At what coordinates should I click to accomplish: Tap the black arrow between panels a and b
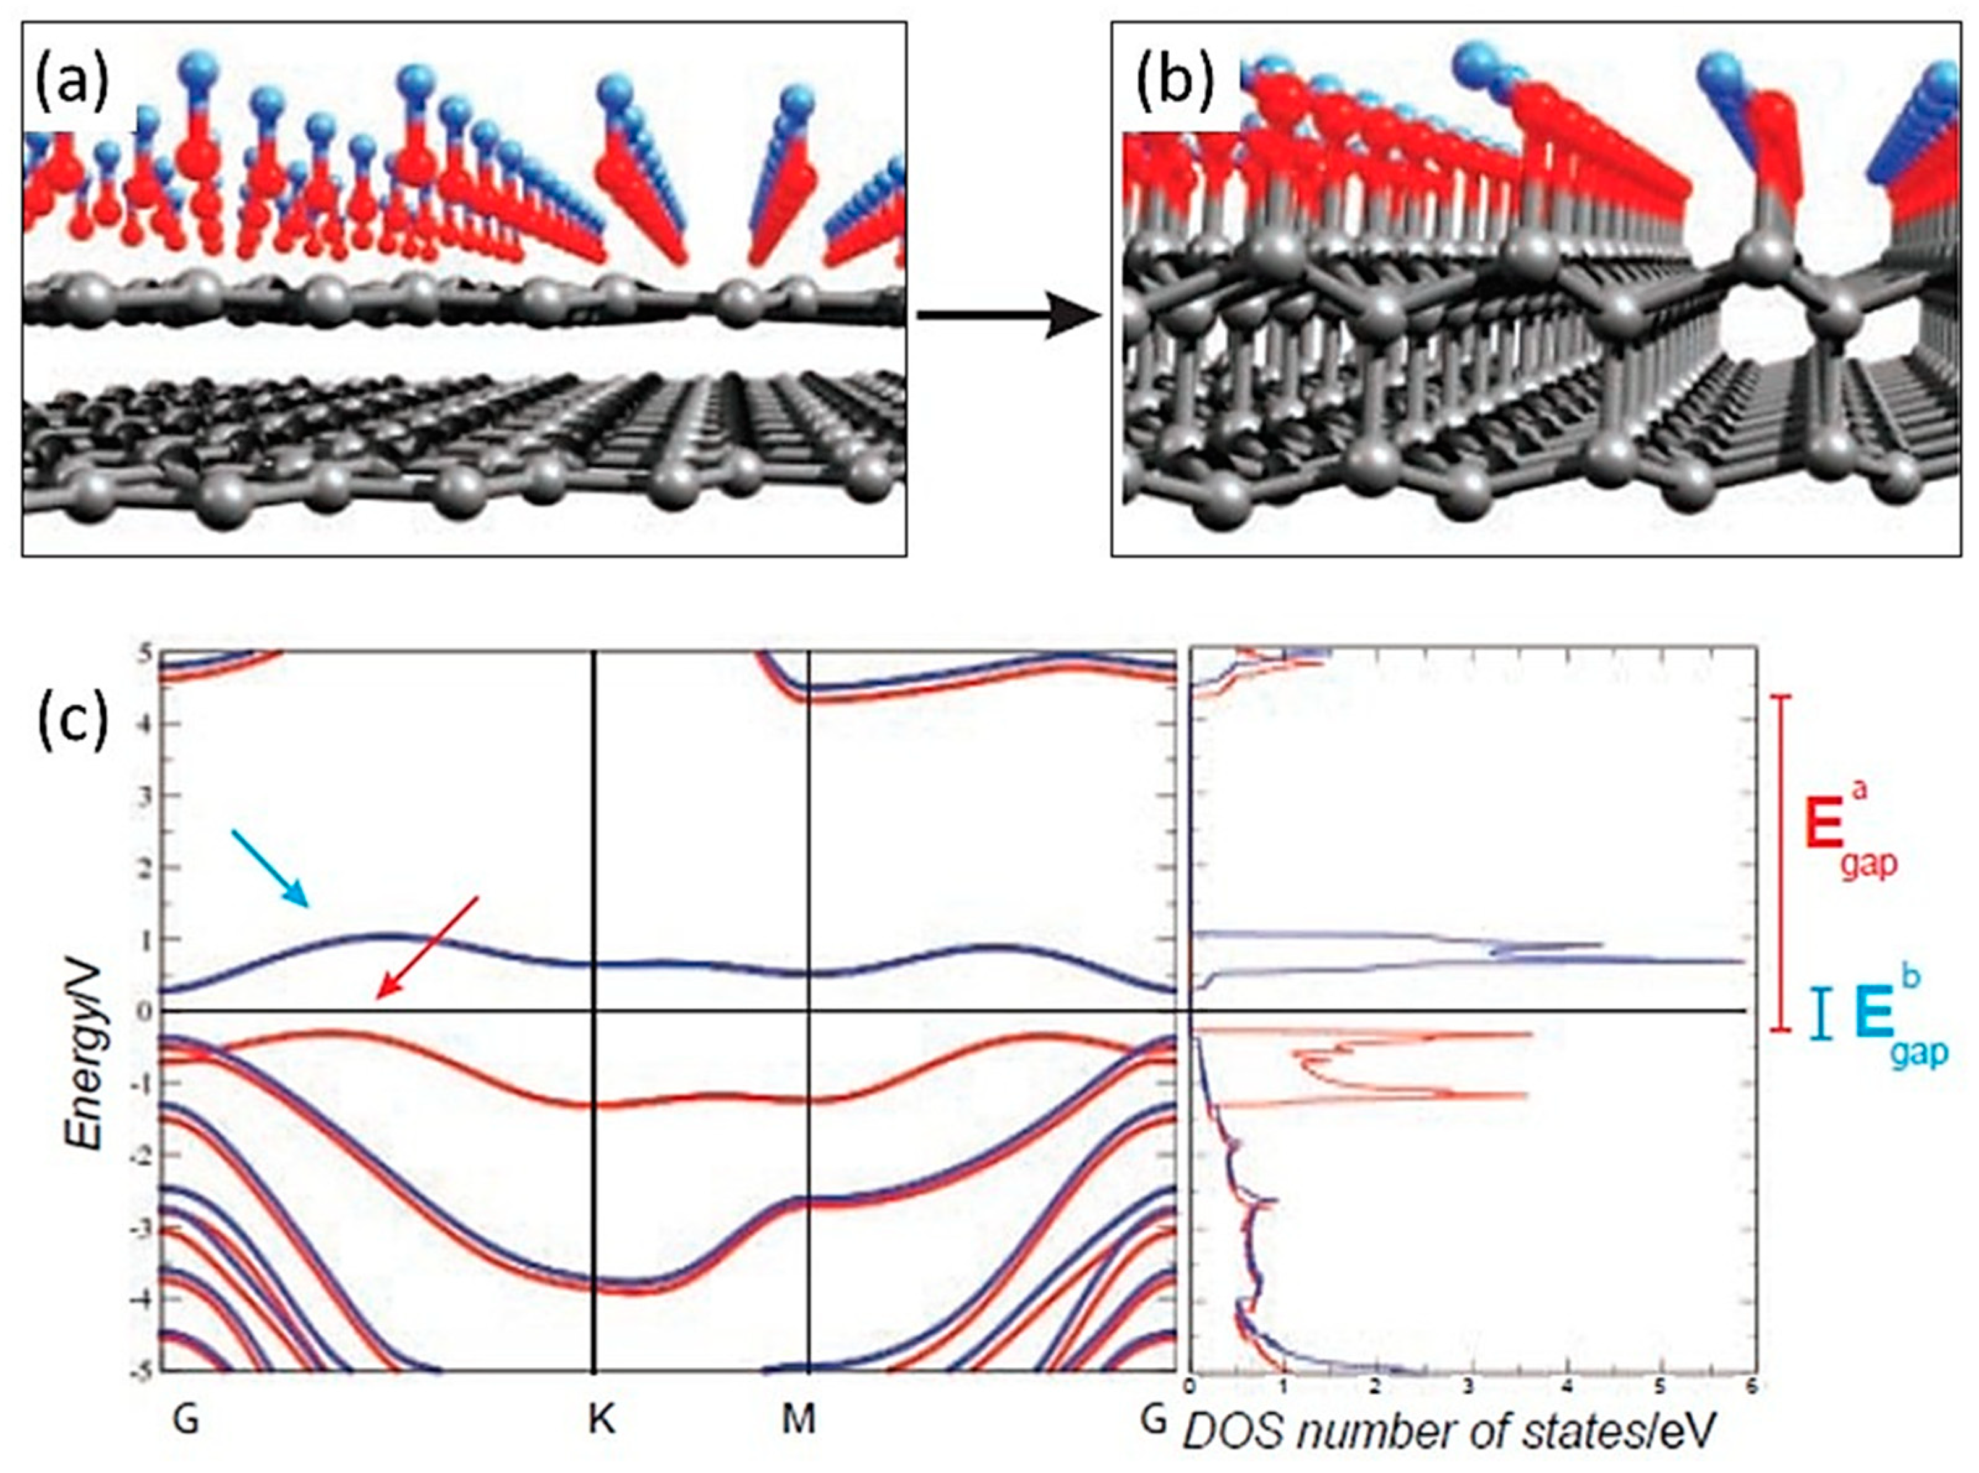point(1008,316)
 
